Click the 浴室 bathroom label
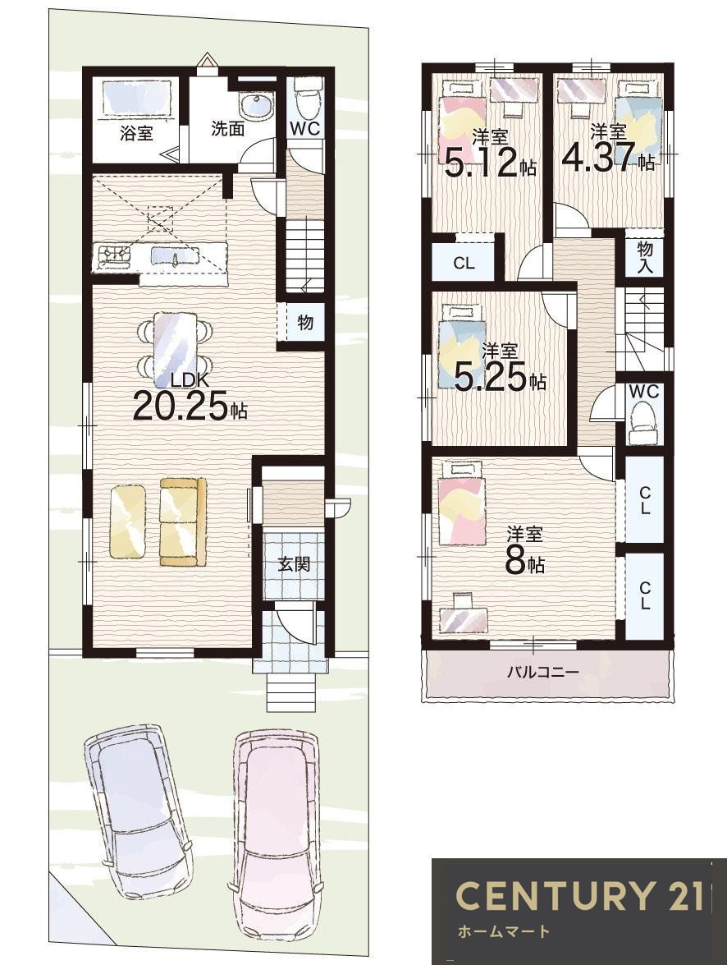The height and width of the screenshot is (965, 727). tap(136, 132)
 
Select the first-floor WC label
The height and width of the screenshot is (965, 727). tap(305, 129)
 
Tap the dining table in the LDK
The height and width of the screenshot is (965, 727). tap(176, 343)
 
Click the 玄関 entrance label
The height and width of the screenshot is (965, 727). tap(294, 563)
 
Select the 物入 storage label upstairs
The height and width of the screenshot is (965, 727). tap(645, 258)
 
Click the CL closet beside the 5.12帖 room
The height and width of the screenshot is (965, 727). tap(464, 264)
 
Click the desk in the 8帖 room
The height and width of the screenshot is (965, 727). tap(464, 613)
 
